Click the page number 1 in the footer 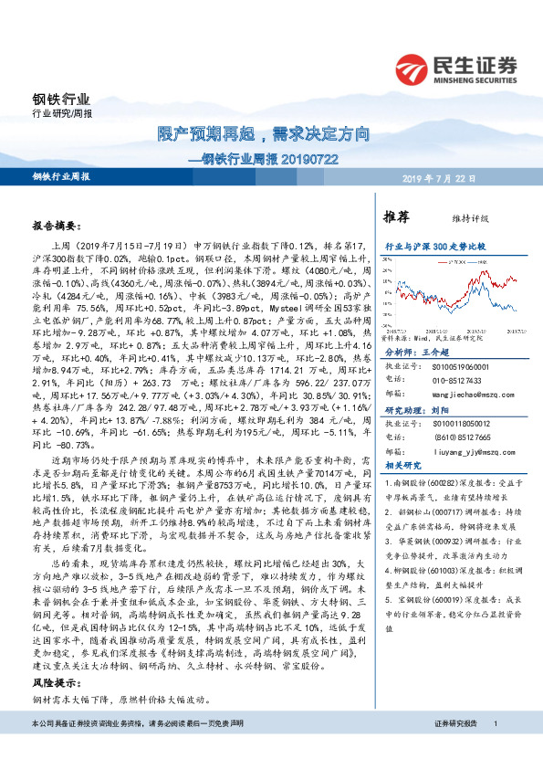[495, 750]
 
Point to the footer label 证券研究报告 [454, 750]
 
